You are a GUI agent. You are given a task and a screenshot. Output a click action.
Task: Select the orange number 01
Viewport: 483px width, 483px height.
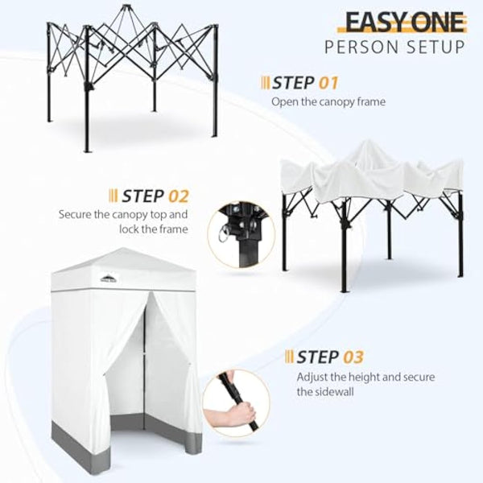tap(328, 83)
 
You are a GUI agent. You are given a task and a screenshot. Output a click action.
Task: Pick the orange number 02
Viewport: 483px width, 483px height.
tap(179, 196)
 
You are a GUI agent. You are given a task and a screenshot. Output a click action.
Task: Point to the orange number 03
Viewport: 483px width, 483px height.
tap(353, 357)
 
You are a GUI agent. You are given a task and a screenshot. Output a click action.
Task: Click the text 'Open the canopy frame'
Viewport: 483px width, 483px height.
tap(328, 101)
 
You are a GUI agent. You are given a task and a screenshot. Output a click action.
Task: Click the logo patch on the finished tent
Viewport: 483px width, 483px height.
tap(109, 279)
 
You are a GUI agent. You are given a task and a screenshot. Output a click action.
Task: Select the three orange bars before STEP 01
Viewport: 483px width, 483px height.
tap(265, 83)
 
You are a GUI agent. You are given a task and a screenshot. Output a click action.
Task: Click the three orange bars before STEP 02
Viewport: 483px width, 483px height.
tap(114, 196)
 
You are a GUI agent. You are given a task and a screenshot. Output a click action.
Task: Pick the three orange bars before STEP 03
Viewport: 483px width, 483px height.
tap(289, 357)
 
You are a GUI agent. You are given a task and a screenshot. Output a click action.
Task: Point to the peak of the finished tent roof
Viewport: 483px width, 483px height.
tap(123, 248)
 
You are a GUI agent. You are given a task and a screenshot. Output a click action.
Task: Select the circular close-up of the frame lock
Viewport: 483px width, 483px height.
tap(242, 235)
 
